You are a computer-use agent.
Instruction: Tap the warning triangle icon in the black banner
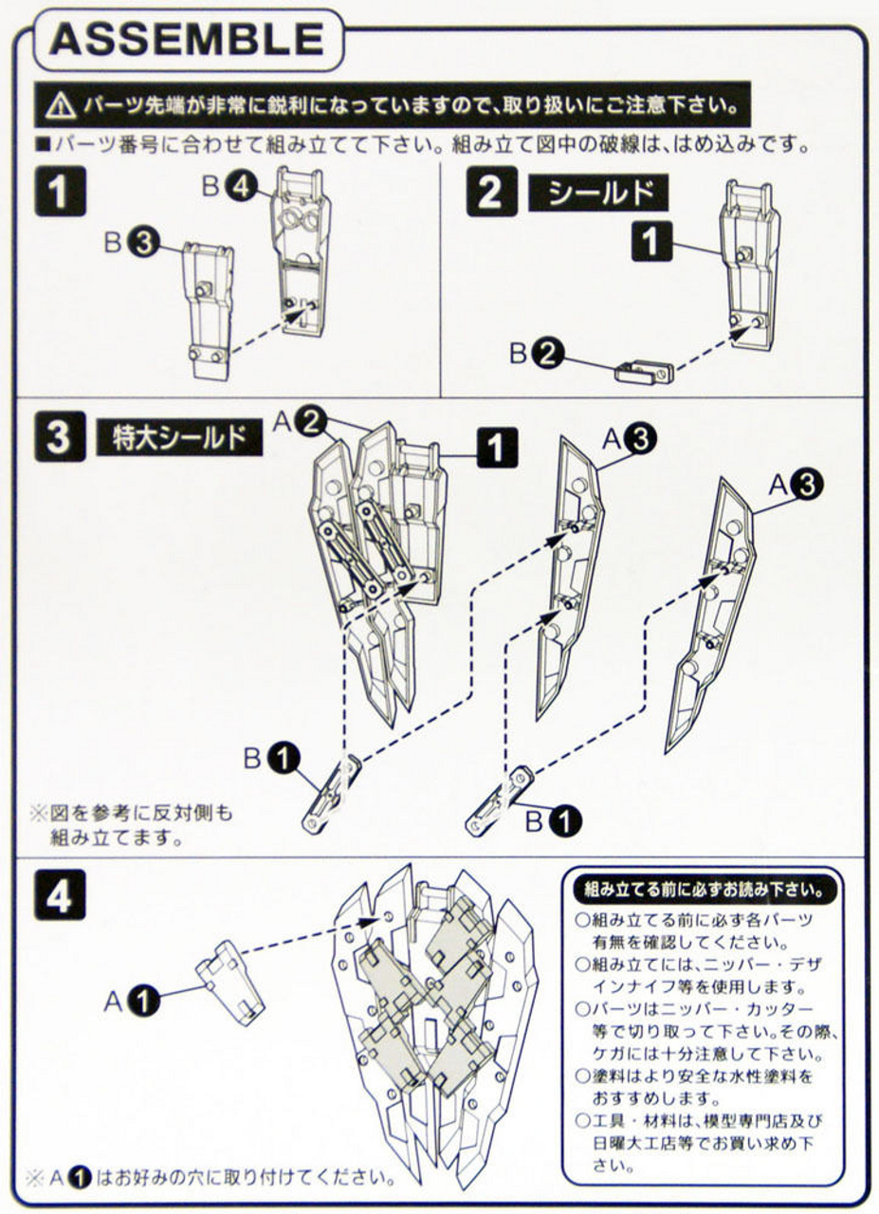click(59, 106)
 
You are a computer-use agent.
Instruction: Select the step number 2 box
click(489, 193)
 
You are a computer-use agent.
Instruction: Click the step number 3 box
click(59, 438)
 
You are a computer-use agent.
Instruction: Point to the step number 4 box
click(59, 895)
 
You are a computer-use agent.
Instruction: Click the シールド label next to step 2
click(597, 193)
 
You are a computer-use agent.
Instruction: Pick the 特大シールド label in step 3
click(179, 439)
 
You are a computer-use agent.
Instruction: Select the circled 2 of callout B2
click(547, 354)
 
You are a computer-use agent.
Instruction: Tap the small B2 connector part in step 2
click(644, 369)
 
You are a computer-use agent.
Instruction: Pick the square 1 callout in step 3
click(501, 447)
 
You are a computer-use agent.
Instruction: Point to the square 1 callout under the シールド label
click(650, 243)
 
